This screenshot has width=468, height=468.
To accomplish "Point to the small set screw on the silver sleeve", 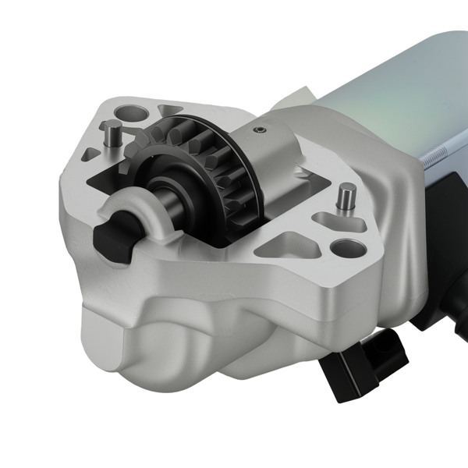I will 264,129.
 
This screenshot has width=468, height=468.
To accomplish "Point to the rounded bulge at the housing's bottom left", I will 125,335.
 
